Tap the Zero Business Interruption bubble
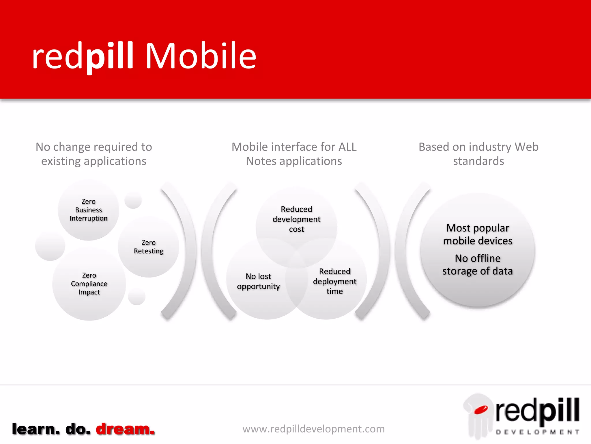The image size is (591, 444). [x=88, y=210]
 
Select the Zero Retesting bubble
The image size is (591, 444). [x=148, y=247]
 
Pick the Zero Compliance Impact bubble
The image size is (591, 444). [x=89, y=284]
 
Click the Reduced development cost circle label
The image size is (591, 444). [x=296, y=219]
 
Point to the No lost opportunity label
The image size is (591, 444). [x=258, y=281]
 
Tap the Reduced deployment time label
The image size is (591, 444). [x=334, y=281]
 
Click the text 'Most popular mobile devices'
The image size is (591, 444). [x=478, y=234]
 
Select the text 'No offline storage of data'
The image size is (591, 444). [x=478, y=264]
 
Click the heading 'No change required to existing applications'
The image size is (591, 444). [x=94, y=154]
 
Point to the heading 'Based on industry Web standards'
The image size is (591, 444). [x=478, y=154]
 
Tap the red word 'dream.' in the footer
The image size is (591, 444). [x=125, y=429]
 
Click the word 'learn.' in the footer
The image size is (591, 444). [x=36, y=429]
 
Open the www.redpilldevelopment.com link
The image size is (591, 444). [x=313, y=429]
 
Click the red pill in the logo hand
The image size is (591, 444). [x=481, y=409]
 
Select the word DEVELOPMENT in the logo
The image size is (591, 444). [x=537, y=432]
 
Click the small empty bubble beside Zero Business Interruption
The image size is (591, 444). [x=133, y=200]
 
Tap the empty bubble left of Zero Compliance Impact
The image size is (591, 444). [x=50, y=246]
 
